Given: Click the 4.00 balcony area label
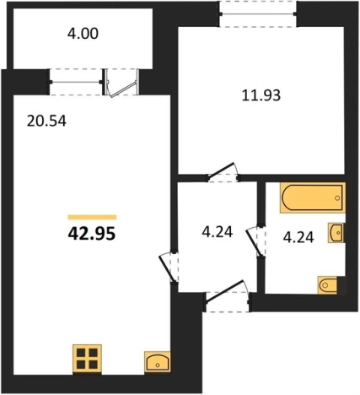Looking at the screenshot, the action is [83, 34].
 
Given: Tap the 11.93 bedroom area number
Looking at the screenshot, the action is [261, 95].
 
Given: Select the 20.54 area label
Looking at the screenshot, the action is [46, 122].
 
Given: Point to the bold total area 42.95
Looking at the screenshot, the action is [92, 234].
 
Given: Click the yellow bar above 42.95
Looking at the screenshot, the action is [92, 217].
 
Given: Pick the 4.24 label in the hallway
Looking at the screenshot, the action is [218, 232].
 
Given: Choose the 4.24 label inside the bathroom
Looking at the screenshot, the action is [298, 237].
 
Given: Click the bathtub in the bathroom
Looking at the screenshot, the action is [313, 197].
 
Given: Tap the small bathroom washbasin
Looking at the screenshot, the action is [336, 233].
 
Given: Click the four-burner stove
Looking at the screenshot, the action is [87, 359].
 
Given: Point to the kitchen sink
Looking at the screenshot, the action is [158, 362].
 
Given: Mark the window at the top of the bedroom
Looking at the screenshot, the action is [258, 14].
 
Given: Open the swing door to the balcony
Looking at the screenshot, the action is [122, 83].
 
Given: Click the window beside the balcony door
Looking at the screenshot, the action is [76, 82].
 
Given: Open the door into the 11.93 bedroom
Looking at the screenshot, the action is [223, 172].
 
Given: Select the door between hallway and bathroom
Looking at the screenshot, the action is [256, 241].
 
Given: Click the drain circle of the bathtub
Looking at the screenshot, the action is [337, 197].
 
